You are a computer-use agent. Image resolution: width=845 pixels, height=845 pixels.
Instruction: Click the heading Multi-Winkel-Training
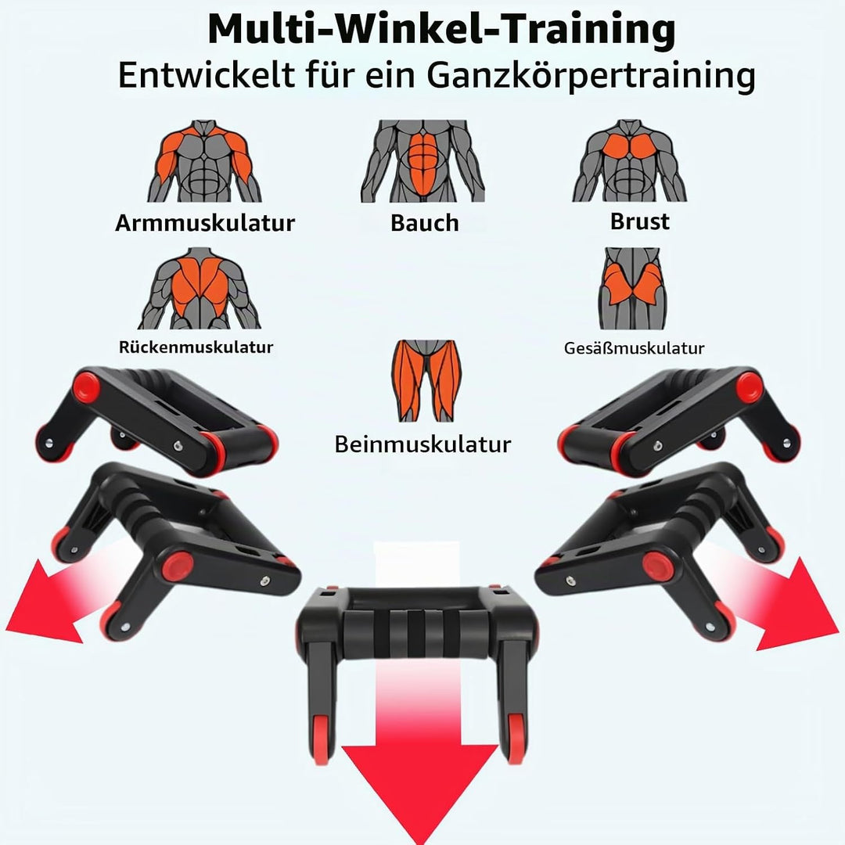coord(441,31)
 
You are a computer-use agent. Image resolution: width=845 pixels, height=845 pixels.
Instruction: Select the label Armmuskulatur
coord(205,222)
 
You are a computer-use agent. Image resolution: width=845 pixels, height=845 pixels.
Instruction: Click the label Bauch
coord(425,222)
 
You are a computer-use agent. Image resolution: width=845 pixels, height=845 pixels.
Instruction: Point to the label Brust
coord(640,221)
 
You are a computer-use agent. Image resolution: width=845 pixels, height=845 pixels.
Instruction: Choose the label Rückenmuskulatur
coord(196,347)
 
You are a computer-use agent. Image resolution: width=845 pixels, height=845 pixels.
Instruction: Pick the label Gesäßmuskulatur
coord(635,348)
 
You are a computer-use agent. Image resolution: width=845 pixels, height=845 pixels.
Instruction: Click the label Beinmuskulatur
coord(423,444)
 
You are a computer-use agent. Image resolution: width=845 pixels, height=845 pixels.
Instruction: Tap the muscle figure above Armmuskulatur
coord(205,161)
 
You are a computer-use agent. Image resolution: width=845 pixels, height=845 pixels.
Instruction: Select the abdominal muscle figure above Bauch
coord(423,161)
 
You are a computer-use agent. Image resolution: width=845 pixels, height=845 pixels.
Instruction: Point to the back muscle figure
coord(200,288)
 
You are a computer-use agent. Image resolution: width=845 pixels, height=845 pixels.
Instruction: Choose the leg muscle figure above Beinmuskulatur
coord(426,380)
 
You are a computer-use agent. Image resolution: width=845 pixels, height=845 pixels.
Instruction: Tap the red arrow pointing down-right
coord(781,599)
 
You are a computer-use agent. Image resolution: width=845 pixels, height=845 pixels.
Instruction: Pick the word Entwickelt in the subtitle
coord(206,75)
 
